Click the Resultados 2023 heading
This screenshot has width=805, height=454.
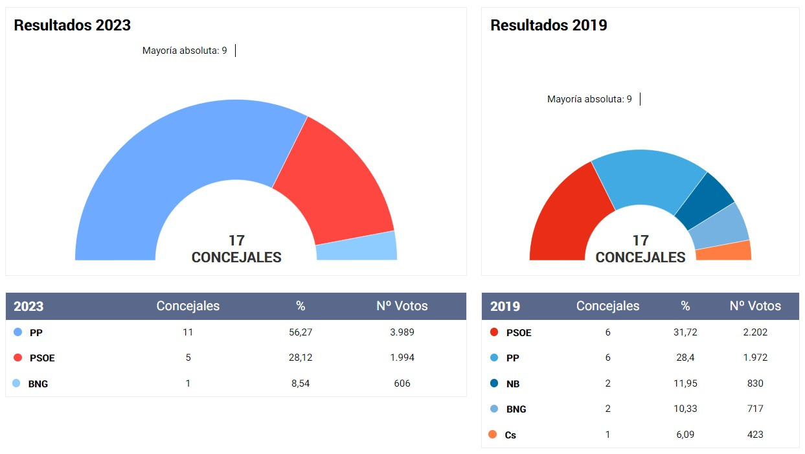(72, 25)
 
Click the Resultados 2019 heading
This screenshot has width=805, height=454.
(549, 25)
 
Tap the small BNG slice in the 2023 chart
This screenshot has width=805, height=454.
(357, 247)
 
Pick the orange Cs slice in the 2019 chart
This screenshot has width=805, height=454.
(723, 251)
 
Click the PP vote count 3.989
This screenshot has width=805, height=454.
(402, 332)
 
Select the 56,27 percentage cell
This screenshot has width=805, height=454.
(300, 332)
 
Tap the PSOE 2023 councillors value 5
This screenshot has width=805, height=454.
(188, 358)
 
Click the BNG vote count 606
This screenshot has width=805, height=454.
(402, 383)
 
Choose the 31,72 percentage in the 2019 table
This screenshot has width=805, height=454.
(685, 332)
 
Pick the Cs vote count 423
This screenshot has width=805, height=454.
(754, 435)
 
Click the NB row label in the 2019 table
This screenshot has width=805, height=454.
(513, 383)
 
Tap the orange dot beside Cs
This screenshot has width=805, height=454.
(493, 435)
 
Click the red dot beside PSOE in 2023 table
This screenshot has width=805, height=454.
(18, 358)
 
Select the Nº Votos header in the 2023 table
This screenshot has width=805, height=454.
(402, 306)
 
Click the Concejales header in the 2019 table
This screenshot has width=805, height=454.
(607, 306)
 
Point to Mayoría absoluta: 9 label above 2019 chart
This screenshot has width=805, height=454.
(589, 99)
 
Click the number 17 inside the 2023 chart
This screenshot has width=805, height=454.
(236, 241)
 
